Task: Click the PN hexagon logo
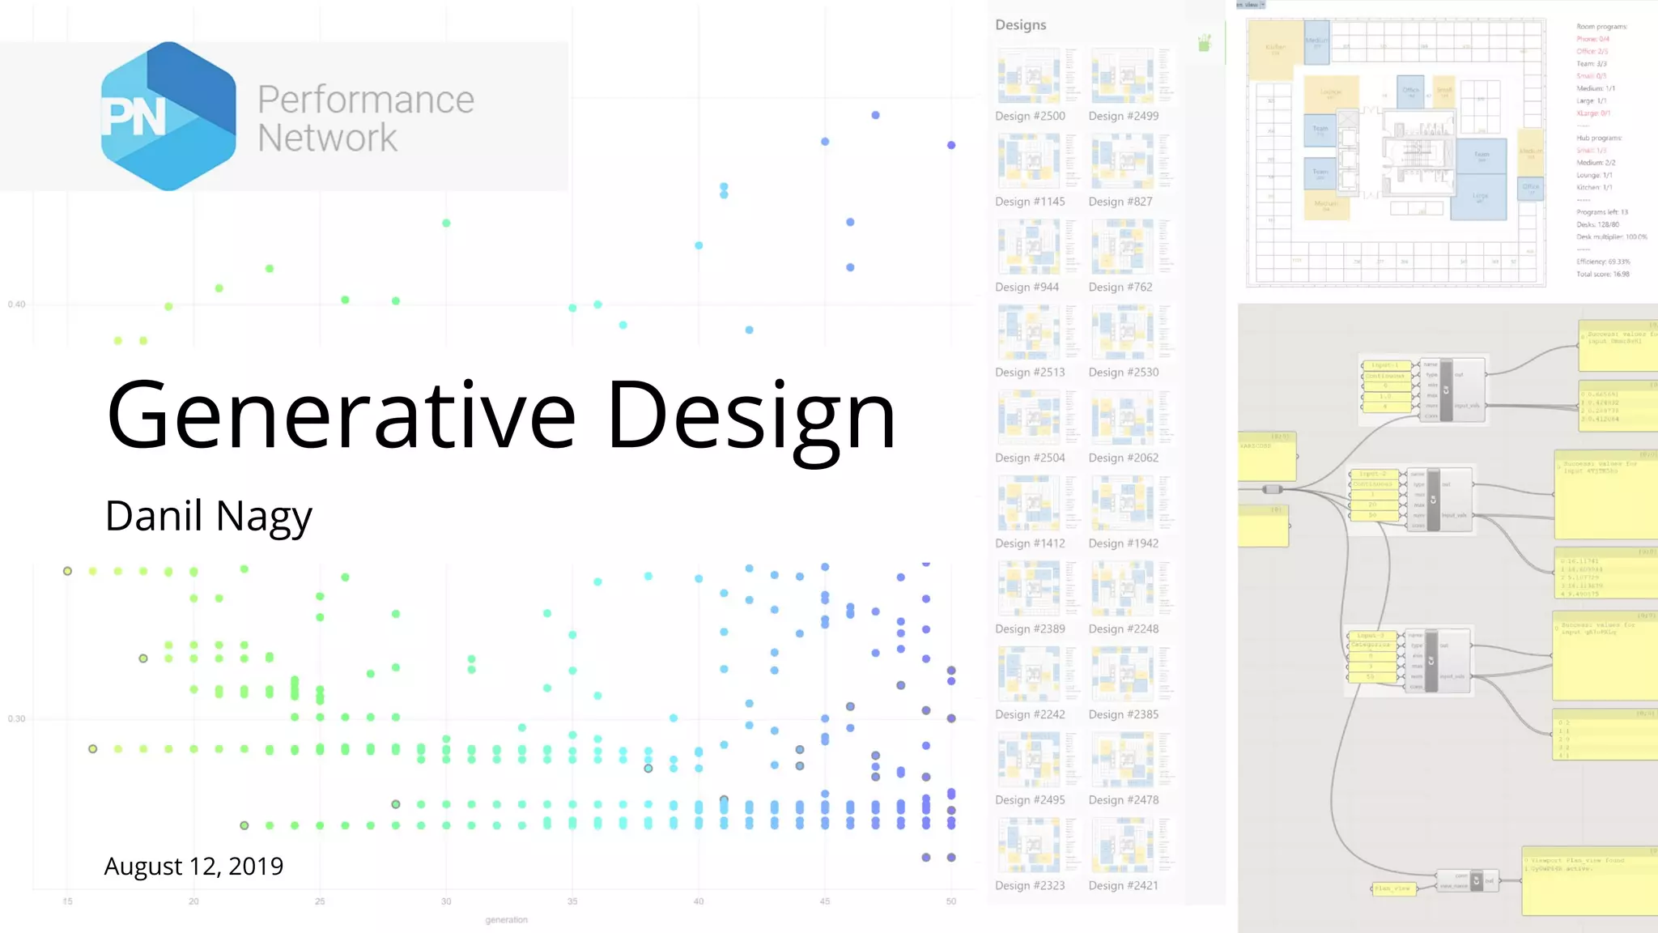[x=168, y=116]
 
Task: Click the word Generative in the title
[x=340, y=415]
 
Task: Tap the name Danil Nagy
[x=208, y=516]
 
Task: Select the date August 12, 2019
[x=193, y=866]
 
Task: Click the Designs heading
[x=1020, y=25]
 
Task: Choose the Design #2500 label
[x=1030, y=116]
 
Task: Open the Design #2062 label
[x=1123, y=458]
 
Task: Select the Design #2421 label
[x=1123, y=885]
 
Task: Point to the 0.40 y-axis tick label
[x=16, y=305]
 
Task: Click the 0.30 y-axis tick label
[x=16, y=718]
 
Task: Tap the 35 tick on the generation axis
[x=572, y=901]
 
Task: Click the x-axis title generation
[x=506, y=920]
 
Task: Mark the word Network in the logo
[x=327, y=138]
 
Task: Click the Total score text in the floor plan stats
[x=1602, y=275]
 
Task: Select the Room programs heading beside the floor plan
[x=1601, y=27]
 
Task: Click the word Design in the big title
[x=751, y=415]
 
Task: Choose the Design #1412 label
[x=1030, y=543]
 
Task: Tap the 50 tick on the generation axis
[x=950, y=901]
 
